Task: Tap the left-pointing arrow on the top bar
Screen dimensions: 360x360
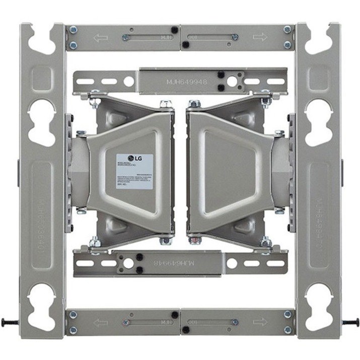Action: point(103,37)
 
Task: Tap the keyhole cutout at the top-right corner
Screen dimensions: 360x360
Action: point(318,36)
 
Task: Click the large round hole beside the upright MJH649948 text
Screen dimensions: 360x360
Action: point(233,80)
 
